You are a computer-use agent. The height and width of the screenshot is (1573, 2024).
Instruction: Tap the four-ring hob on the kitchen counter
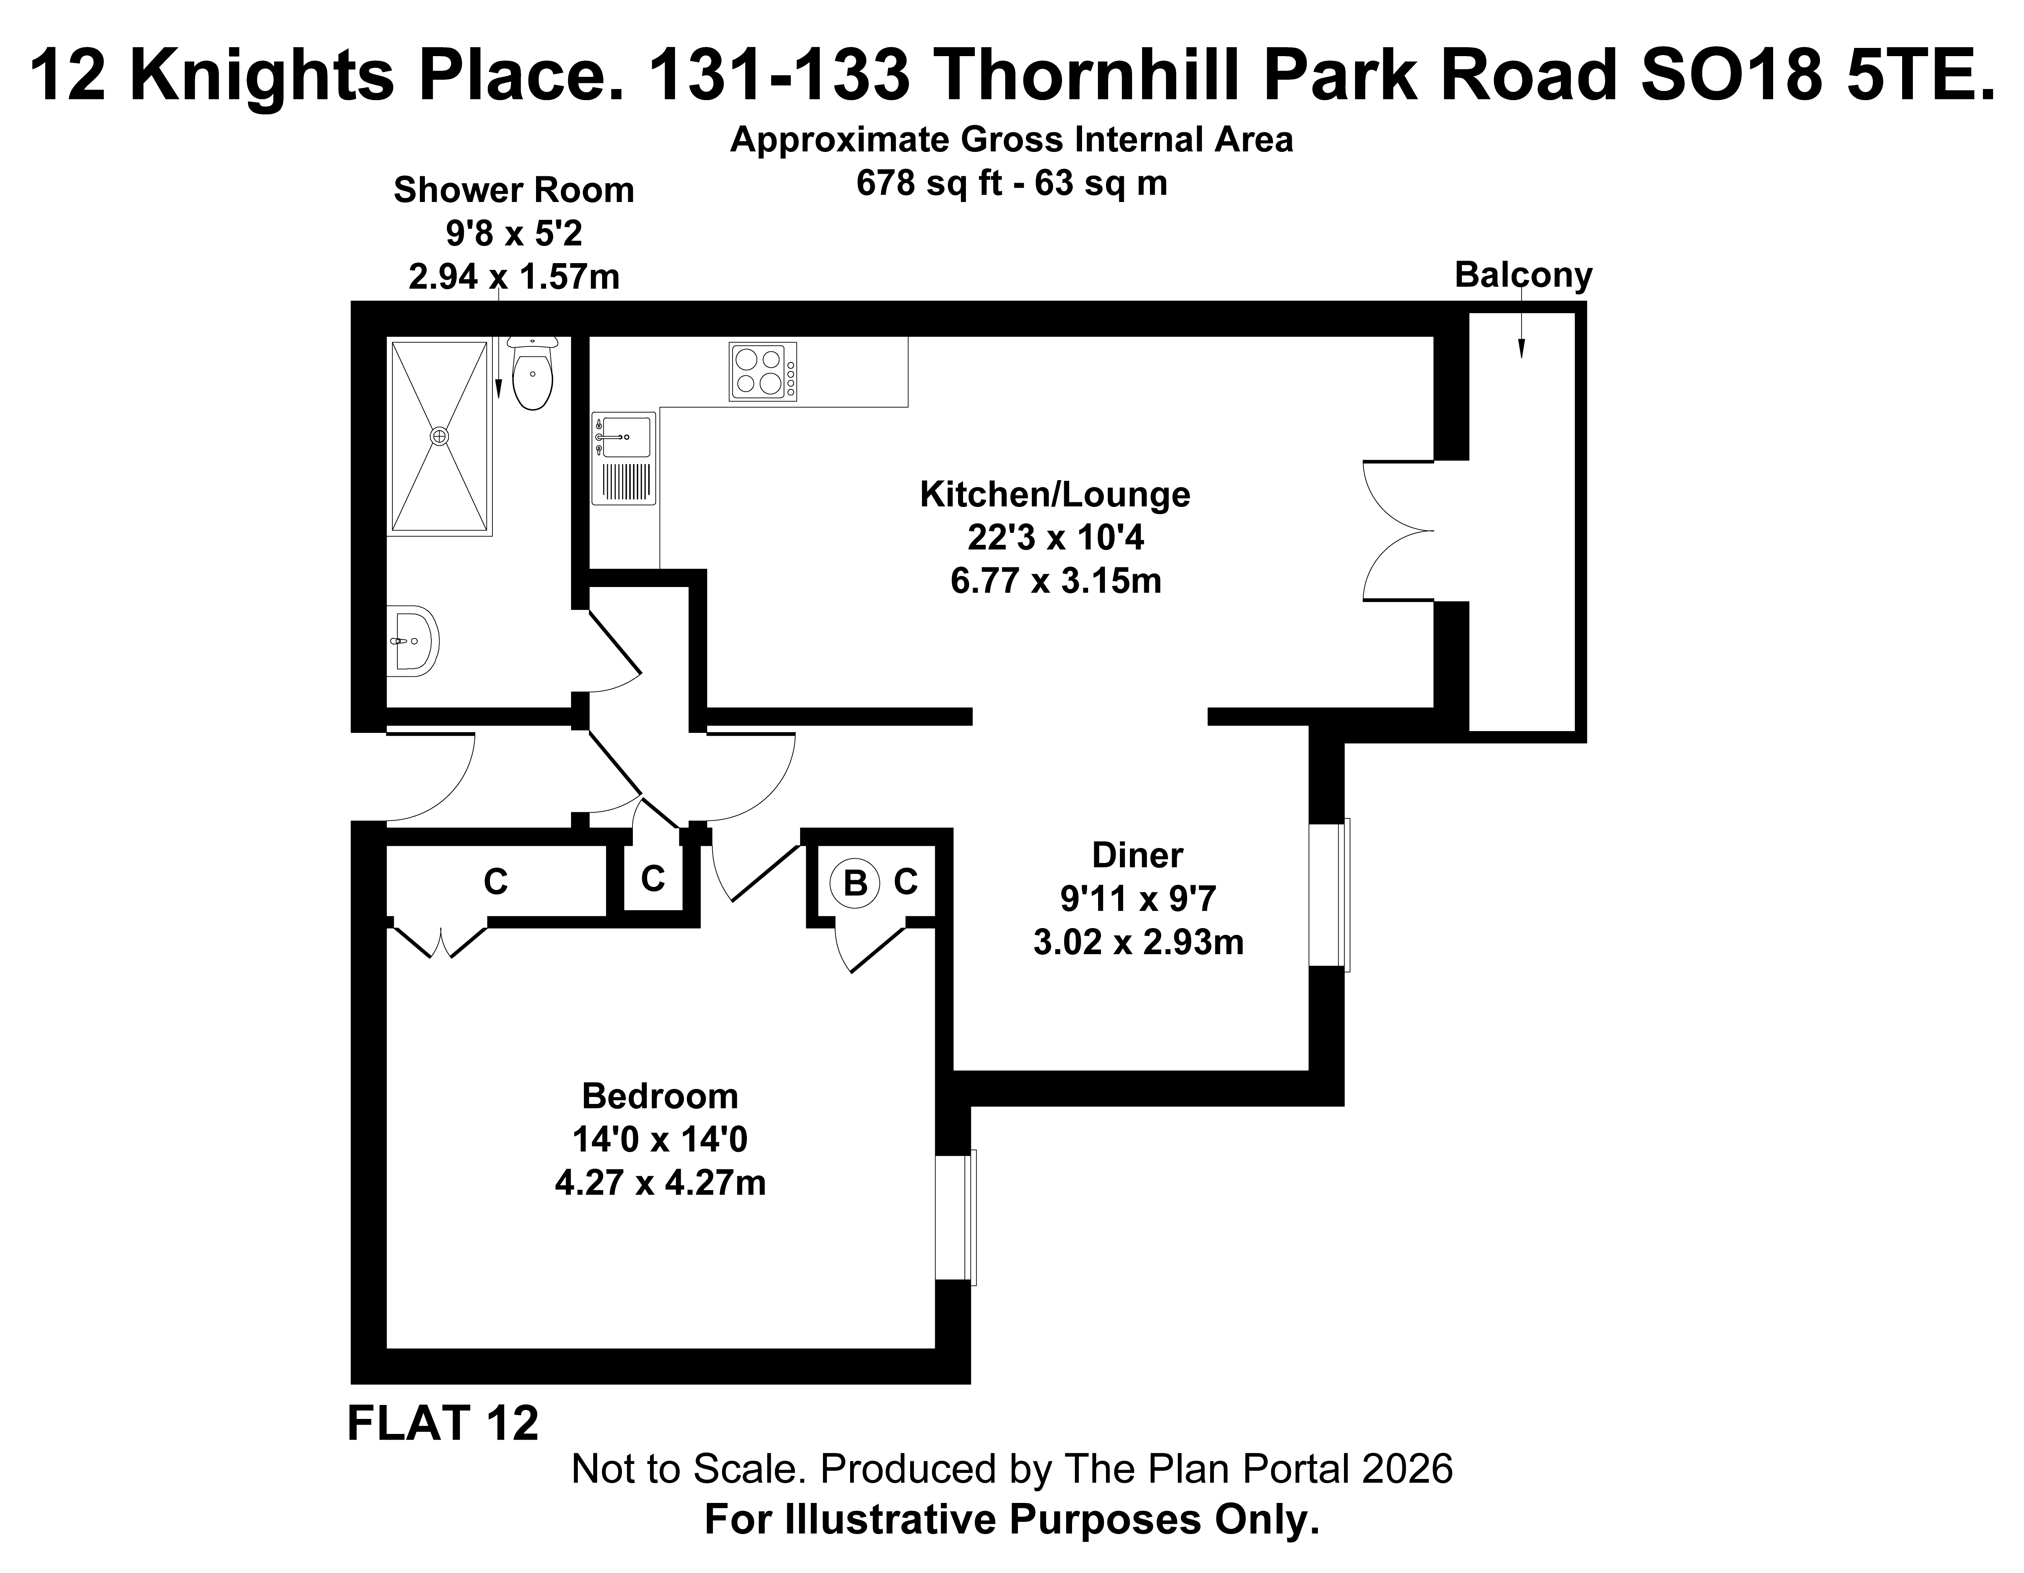[763, 372]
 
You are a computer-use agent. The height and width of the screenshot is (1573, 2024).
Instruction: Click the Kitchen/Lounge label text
[1055, 494]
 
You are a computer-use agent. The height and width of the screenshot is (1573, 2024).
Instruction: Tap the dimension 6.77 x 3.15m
[1056, 581]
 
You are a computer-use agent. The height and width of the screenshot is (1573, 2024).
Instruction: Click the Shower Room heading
[514, 190]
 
